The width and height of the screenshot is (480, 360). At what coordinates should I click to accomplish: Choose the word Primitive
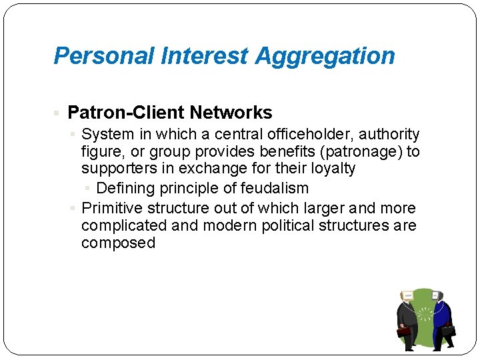coord(111,208)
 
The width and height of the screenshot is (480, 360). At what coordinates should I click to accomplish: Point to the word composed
coord(118,243)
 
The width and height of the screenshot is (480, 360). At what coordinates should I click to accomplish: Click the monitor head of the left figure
coord(407,296)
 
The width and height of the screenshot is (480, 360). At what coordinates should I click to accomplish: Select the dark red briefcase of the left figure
coord(404,331)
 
